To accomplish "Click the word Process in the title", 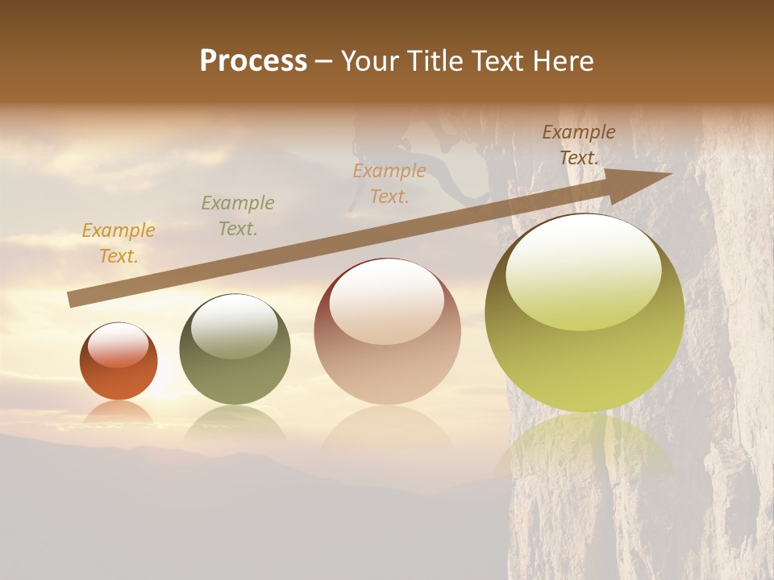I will point(253,61).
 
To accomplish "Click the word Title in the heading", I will point(433,61).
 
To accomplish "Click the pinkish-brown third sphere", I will point(387,354).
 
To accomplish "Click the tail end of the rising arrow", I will point(74,299).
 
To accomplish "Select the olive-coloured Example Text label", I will point(238,216).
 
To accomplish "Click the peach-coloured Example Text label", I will point(389,184).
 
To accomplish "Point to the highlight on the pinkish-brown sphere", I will point(387,299).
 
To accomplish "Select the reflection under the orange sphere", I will point(119,413).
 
